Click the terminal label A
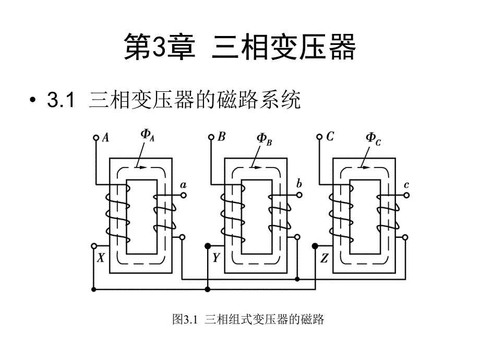tap(106, 138)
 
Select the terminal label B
tap(222, 138)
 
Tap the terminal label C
tap(330, 138)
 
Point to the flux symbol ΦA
tap(148, 135)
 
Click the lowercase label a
tap(183, 185)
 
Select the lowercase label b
tap(299, 184)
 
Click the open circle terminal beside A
tap(95, 138)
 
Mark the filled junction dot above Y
tap(208, 246)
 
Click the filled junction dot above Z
tap(315, 246)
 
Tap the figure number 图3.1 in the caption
tap(186, 319)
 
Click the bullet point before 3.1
tap(34, 100)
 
